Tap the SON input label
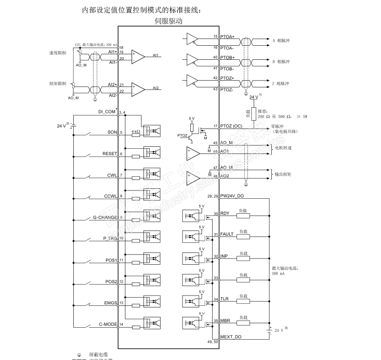[112, 133]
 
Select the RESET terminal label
[110, 154]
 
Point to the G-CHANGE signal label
[105, 217]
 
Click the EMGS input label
[111, 303]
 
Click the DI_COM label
[107, 112]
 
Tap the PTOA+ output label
[227, 36]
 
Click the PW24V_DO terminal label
[232, 196]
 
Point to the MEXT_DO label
[231, 337]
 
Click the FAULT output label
[227, 235]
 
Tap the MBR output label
[225, 320]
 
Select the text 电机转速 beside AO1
[283, 148]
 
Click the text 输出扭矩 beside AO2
[283, 174]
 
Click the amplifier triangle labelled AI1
[138, 57]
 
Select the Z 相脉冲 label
[281, 83]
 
